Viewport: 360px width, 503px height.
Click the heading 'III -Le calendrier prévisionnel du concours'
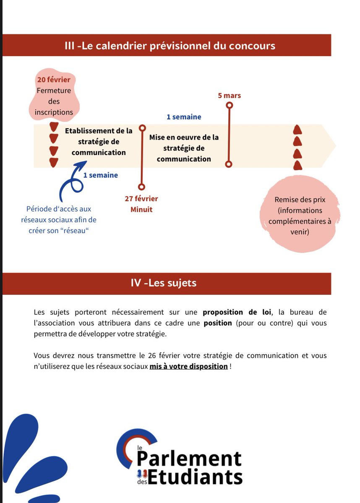[x=170, y=45]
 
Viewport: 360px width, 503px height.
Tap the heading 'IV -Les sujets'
[x=163, y=283]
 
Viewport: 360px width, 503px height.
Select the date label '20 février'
[x=53, y=79]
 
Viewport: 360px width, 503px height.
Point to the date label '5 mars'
[x=229, y=96]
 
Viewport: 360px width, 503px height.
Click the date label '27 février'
[x=141, y=199]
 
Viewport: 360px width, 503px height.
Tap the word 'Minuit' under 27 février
[x=141, y=209]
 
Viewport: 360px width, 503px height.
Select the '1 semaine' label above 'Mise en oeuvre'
[x=184, y=117]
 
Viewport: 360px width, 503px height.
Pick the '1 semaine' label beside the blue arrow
[x=100, y=175]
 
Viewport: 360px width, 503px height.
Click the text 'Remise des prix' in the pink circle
[x=300, y=200]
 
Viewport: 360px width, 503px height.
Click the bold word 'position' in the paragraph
[x=217, y=323]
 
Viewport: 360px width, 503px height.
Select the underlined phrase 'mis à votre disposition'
[x=188, y=366]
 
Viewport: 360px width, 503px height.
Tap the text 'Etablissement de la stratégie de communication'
[x=99, y=142]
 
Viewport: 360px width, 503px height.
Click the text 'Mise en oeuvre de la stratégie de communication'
[x=184, y=148]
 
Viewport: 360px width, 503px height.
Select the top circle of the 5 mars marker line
[x=229, y=105]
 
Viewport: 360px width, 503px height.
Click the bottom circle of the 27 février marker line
[x=141, y=187]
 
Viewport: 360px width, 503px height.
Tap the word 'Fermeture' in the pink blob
[x=54, y=90]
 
